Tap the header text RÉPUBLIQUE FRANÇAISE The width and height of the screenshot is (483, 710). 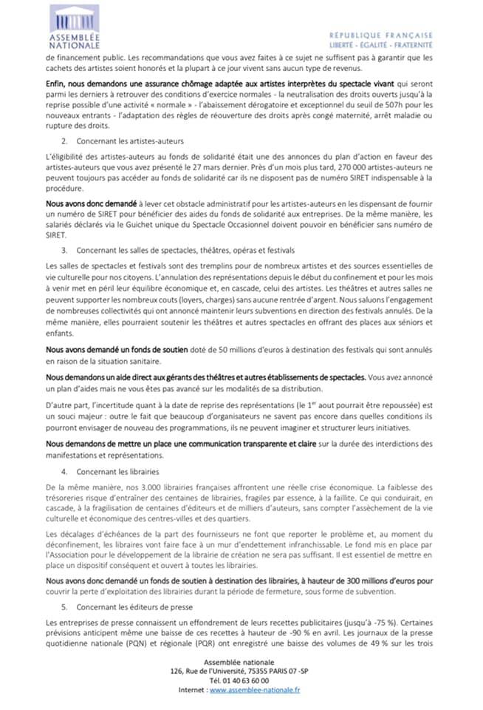point(381,35)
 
